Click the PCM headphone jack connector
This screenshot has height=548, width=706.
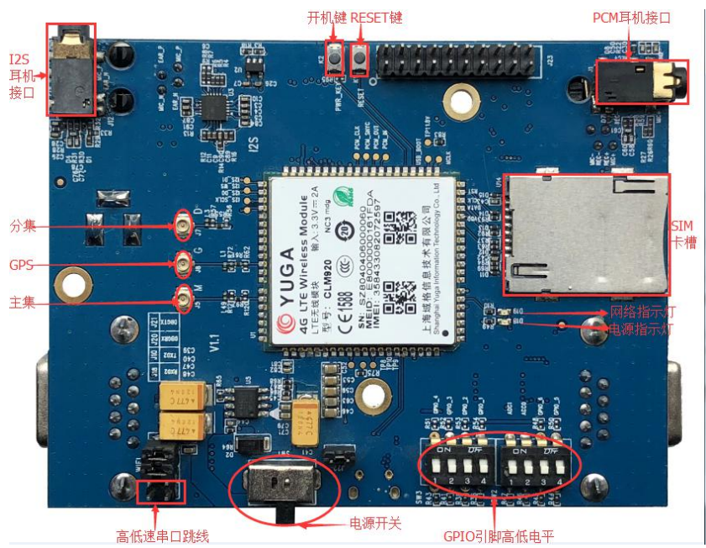(641, 82)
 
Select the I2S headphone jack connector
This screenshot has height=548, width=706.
(71, 70)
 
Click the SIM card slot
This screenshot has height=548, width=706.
(585, 234)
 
